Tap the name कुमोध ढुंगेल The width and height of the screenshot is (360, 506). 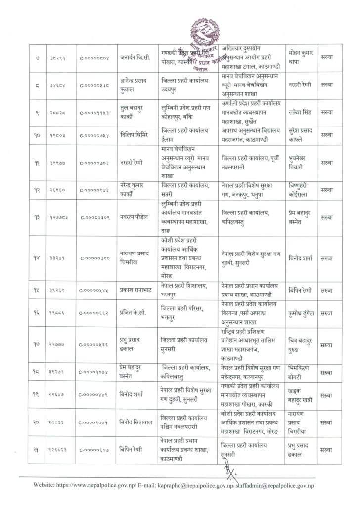(x=302, y=312)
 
